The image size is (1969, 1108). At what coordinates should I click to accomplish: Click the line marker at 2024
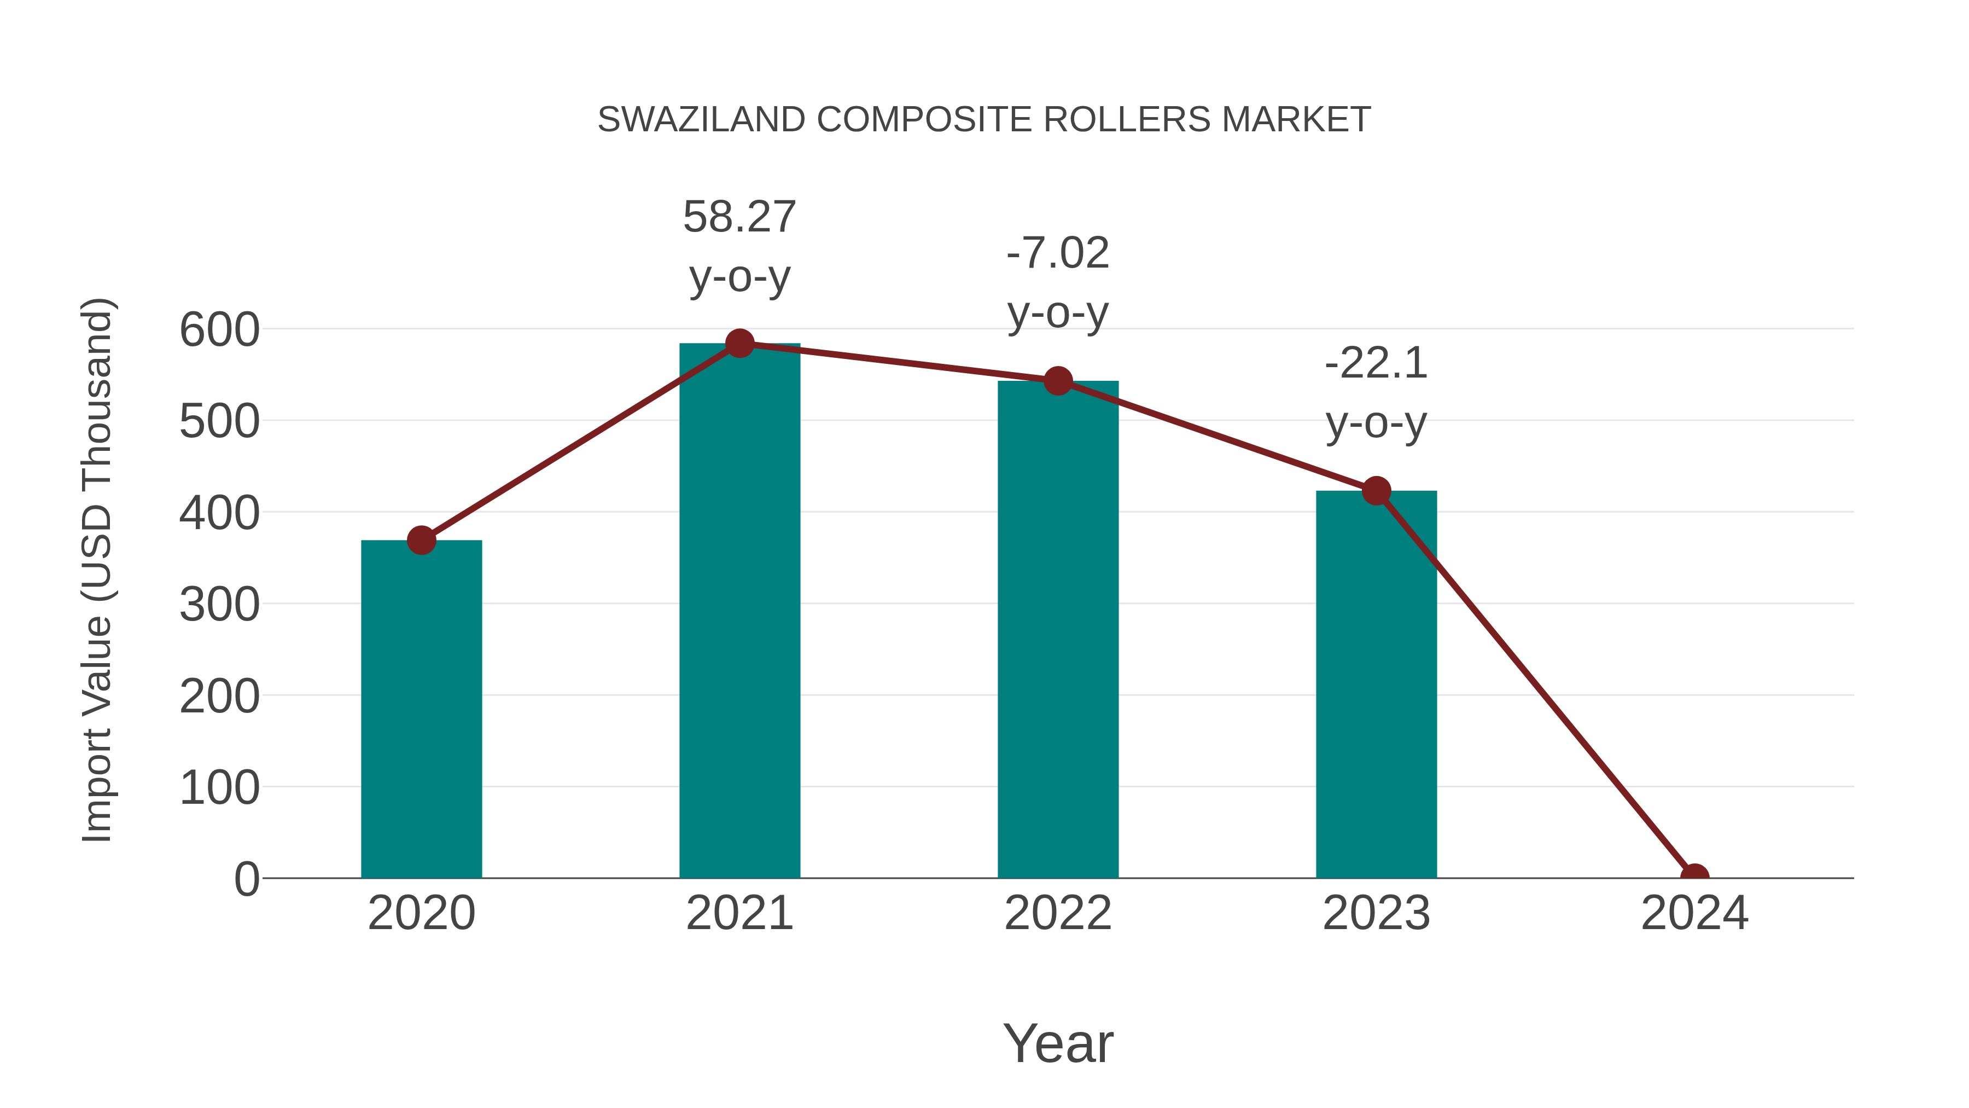tap(1694, 877)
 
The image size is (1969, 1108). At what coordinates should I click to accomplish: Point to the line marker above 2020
tap(421, 540)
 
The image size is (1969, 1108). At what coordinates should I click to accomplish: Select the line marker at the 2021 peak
tap(739, 343)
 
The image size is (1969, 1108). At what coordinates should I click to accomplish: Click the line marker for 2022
tap(1058, 380)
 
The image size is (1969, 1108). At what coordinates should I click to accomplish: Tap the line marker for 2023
tap(1376, 490)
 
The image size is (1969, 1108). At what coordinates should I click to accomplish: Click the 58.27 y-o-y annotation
tap(739, 246)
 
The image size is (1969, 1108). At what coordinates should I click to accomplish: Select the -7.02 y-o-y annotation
tap(1058, 282)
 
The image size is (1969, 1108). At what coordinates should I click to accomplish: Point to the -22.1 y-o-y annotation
tap(1376, 392)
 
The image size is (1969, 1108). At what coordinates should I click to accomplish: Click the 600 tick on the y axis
tap(219, 330)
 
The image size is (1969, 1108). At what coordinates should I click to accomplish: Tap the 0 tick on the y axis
tap(247, 879)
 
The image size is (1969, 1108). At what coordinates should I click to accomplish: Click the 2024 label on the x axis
tap(1694, 913)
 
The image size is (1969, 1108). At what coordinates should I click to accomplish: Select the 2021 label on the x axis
tap(739, 913)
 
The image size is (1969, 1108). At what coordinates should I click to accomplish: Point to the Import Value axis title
tap(98, 570)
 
